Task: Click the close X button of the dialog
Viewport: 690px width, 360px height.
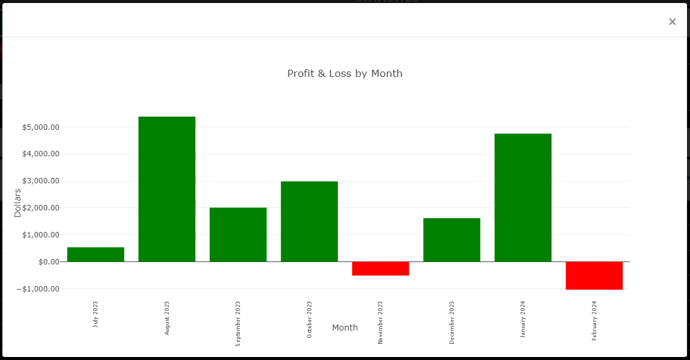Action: point(672,22)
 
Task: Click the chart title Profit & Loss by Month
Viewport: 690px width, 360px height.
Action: point(344,73)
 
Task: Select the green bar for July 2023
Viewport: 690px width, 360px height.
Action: point(96,254)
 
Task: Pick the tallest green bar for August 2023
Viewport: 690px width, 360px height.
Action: point(166,189)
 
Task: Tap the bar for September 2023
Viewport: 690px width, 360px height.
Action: point(238,234)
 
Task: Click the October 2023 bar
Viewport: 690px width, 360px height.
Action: point(309,221)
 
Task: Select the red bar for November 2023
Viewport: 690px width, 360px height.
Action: point(380,269)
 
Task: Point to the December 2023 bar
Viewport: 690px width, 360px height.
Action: point(451,240)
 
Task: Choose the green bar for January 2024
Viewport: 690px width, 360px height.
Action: point(523,197)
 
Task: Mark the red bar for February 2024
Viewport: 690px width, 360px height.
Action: point(594,275)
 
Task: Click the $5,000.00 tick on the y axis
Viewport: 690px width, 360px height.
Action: point(41,127)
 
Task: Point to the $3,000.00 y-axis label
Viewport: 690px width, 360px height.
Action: point(41,181)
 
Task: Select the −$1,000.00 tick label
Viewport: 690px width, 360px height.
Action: point(38,289)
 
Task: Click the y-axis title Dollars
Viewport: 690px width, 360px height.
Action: point(17,203)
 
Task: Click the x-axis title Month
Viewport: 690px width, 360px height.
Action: point(345,328)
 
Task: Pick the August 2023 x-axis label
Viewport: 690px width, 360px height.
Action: point(167,318)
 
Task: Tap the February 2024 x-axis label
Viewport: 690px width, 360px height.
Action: point(594,320)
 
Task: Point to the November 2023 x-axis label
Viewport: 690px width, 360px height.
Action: point(380,322)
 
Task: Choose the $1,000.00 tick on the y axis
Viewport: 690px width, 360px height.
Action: point(41,235)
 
